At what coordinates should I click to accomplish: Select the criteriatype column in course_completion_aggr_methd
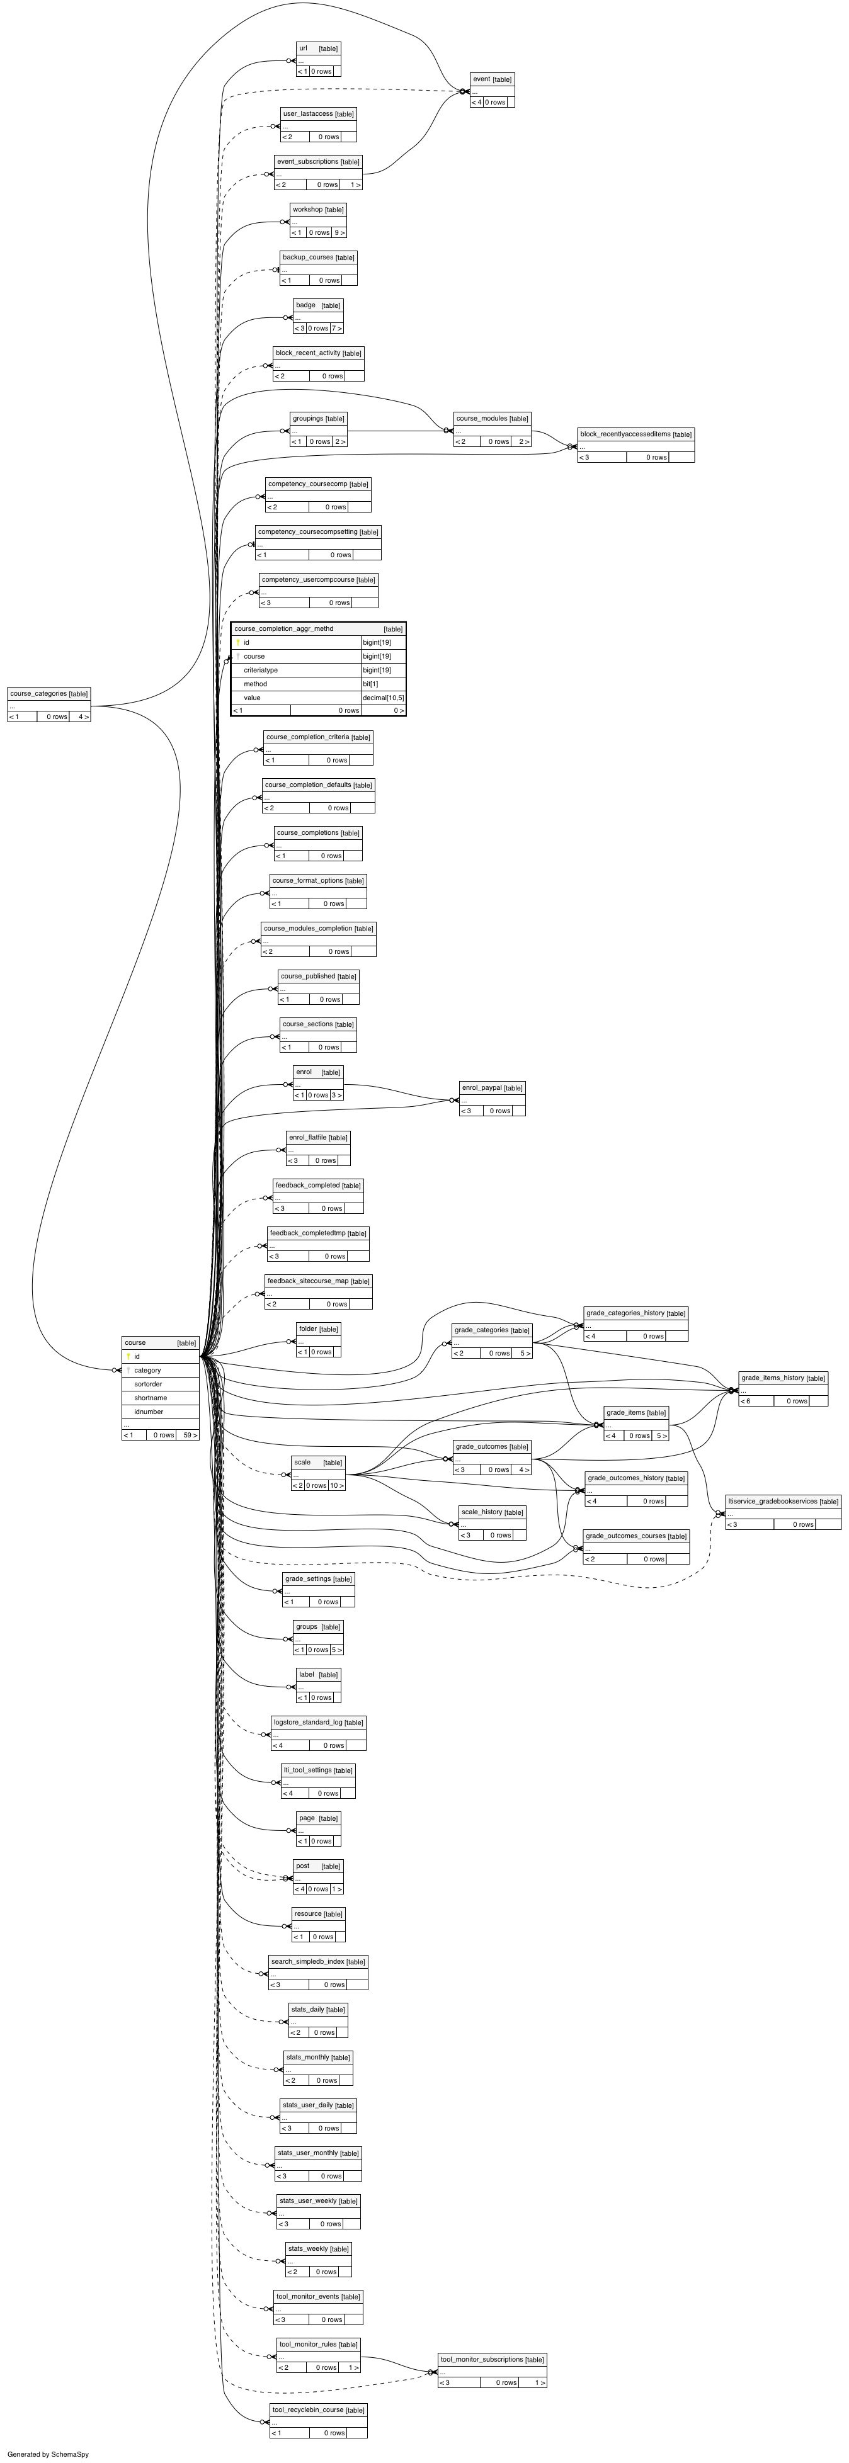(260, 671)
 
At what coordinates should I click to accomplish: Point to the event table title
(481, 79)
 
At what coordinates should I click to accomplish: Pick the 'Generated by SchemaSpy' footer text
(48, 2454)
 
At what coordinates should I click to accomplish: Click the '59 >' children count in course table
(190, 1435)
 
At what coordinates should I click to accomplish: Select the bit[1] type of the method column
(370, 684)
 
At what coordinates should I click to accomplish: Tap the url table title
(303, 48)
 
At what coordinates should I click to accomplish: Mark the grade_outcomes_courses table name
(625, 1536)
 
